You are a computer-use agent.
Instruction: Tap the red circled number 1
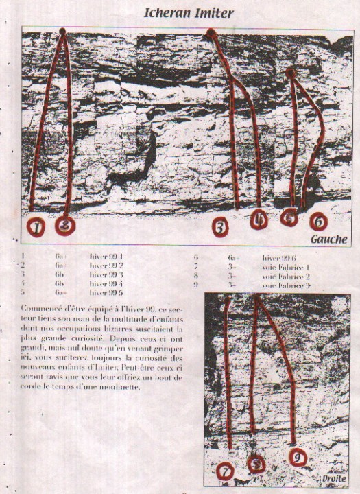pos(36,226)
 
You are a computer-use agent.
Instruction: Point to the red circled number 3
pos(219,226)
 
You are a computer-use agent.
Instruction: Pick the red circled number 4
pos(259,220)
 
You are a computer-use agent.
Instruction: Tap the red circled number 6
pos(318,222)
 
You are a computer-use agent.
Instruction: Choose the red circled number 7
pos(226,471)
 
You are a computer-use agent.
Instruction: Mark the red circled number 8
pos(256,464)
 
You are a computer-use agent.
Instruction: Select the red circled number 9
pos(297,456)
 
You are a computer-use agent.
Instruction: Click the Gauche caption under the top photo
pos(328,239)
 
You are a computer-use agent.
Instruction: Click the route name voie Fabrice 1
pos(287,267)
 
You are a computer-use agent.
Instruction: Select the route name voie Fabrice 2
pos(287,276)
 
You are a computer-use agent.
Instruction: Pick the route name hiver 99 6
pos(279,258)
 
